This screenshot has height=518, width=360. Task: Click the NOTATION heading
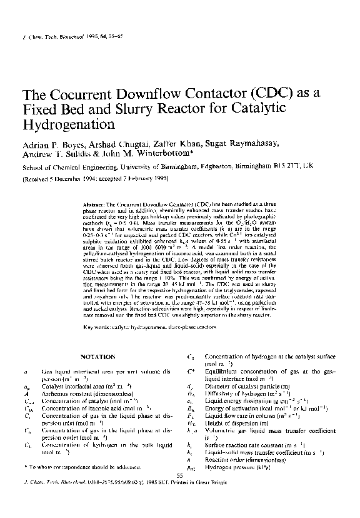98,357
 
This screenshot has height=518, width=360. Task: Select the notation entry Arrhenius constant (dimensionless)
87,394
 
